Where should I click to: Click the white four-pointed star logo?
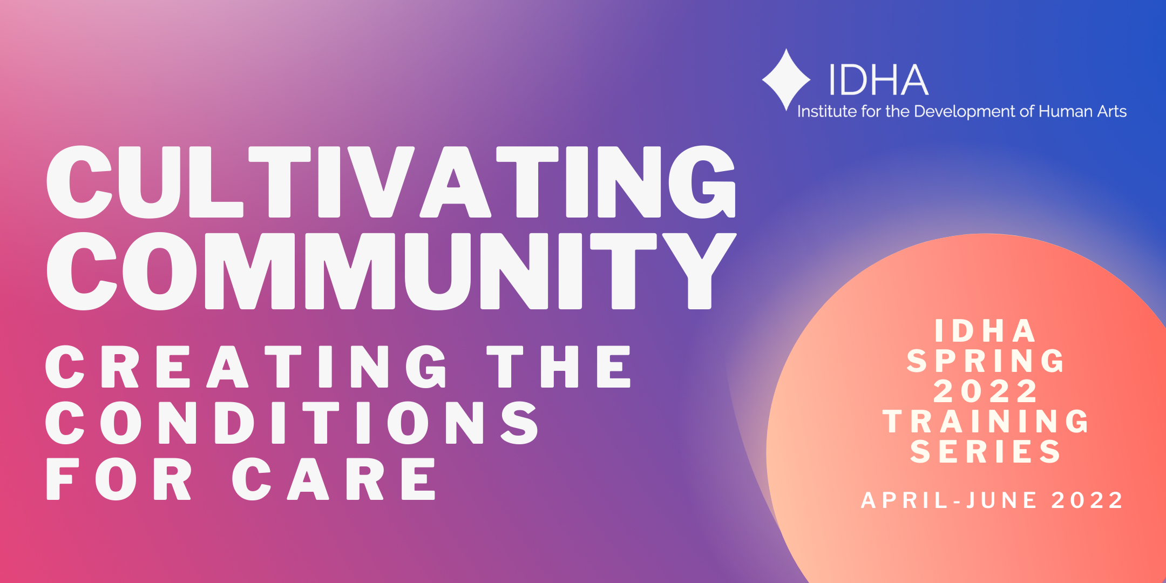coord(786,80)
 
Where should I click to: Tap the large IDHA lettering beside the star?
coord(879,80)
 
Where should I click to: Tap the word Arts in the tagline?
coord(1112,111)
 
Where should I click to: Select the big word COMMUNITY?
coord(391,271)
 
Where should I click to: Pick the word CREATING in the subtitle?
coord(246,367)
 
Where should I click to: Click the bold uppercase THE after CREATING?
coord(559,367)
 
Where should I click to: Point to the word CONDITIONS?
coord(291,423)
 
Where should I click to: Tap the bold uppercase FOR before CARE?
coord(119,479)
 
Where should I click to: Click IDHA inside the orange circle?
coord(985,331)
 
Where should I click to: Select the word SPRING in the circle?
coord(986,361)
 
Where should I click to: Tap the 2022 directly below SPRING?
coord(986,391)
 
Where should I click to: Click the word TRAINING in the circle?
coord(986,422)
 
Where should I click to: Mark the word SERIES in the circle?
coord(986,452)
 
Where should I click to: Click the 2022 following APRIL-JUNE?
coord(1087,500)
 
